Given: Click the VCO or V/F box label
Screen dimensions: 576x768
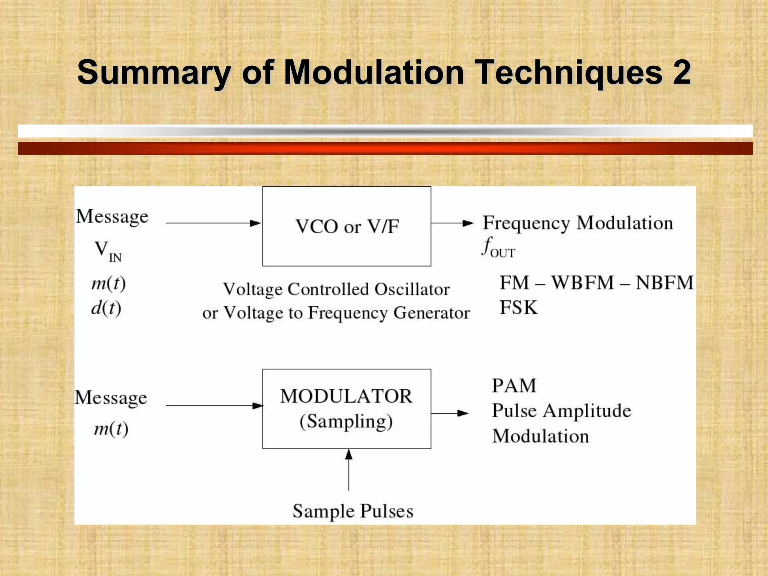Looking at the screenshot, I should pos(347,226).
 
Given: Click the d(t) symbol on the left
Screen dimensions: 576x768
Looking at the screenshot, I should pos(106,308).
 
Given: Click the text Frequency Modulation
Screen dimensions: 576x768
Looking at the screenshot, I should pos(577,223).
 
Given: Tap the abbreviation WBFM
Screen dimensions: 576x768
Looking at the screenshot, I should pos(583,283).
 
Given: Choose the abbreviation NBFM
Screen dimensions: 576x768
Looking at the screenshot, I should pos(664,283).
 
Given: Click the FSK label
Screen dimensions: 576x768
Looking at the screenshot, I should pos(519,307).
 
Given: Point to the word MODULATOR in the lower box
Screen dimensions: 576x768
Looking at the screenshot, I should pos(346,396).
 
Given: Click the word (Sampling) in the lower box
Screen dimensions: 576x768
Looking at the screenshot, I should pos(346,421).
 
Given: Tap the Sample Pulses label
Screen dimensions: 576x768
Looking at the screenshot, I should pos(353,511).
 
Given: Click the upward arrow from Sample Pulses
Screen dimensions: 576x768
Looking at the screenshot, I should pos(349,470).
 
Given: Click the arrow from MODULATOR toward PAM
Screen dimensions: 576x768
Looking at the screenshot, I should pos(450,413).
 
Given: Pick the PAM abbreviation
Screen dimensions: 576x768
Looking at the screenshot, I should pos(514,385).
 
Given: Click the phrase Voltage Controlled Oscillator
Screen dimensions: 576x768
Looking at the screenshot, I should pos(336,289).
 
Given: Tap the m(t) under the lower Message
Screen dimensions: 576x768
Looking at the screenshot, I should pos(111,429).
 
